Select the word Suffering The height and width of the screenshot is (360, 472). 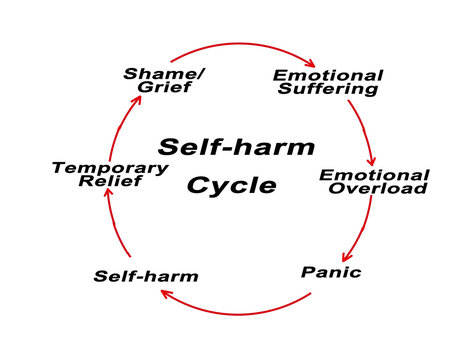(x=329, y=89)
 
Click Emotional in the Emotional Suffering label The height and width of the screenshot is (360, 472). (x=328, y=74)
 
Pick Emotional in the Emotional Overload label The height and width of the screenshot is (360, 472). (x=374, y=174)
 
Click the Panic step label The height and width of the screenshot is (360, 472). (x=330, y=271)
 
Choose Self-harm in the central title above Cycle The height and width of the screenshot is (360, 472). (x=236, y=148)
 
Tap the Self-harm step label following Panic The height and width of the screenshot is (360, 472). (x=146, y=275)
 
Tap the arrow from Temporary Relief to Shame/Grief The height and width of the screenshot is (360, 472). (x=118, y=125)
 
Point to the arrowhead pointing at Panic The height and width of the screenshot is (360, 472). (x=343, y=258)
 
